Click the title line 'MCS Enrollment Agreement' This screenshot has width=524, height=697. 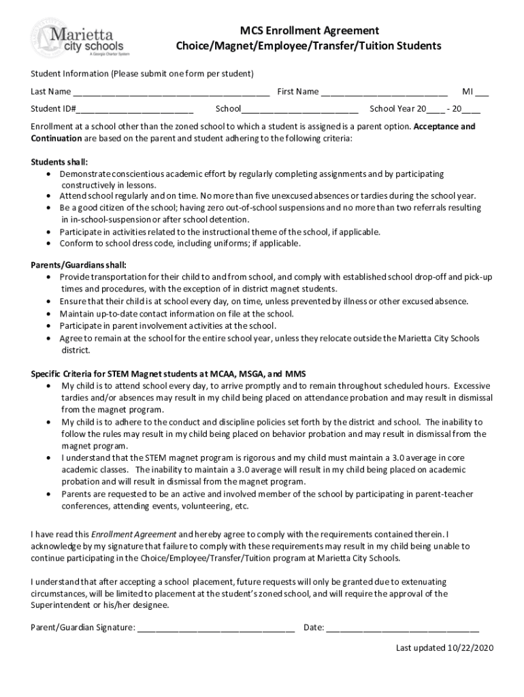point(309,31)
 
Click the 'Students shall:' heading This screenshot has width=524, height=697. point(59,162)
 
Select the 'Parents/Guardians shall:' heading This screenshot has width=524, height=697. point(78,265)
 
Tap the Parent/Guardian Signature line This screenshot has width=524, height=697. point(216,628)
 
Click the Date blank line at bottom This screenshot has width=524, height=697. point(402,628)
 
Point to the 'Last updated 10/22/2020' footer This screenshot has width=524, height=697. point(444,648)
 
